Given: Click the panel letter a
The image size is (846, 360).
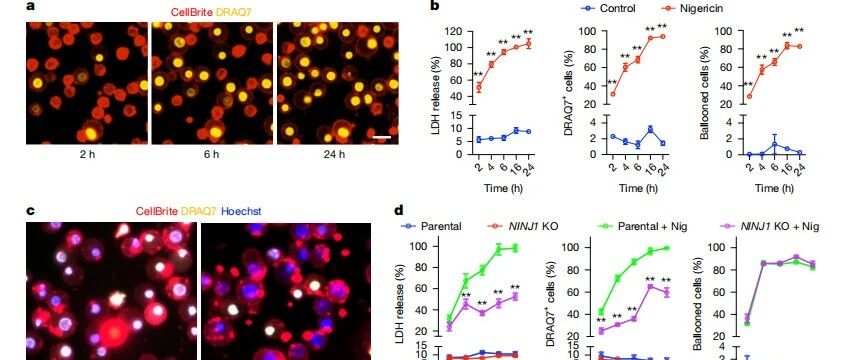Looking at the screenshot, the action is tap(30, 6).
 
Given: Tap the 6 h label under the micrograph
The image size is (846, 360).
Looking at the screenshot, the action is tap(212, 154).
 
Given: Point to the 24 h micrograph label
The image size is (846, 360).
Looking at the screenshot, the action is tap(337, 154).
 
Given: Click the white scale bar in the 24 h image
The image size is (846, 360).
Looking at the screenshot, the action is tap(381, 138).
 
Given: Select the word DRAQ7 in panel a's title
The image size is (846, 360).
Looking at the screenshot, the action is tap(226, 11).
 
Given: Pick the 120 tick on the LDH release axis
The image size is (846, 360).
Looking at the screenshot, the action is tap(454, 31).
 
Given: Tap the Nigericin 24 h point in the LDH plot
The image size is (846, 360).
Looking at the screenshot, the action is tap(528, 43).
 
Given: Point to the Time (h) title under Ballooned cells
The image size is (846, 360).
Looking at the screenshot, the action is tap(774, 188).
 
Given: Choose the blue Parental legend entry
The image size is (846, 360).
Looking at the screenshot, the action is tap(432, 226).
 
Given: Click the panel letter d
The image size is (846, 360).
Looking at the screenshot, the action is tap(399, 210).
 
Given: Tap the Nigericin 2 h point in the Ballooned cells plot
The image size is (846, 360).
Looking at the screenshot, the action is tap(749, 97).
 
